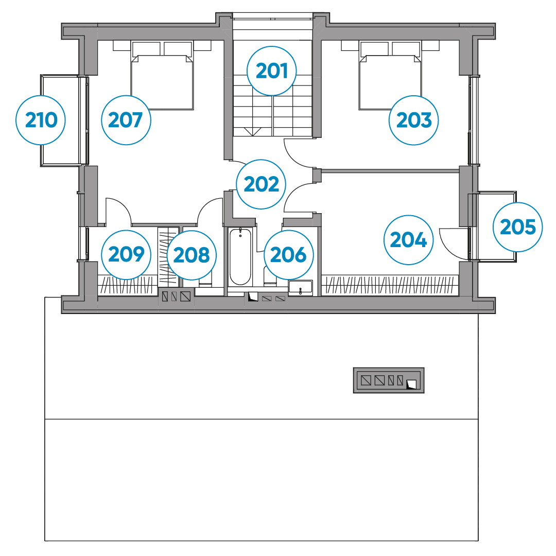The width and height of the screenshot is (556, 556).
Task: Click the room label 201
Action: pos(272,71)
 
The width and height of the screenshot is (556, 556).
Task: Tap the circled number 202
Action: pos(262,184)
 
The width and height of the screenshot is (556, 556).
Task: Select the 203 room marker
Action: pos(413,120)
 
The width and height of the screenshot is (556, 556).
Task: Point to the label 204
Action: pos(408,240)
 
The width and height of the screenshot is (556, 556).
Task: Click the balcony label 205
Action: pos(518,227)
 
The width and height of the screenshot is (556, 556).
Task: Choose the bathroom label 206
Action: pos(289,255)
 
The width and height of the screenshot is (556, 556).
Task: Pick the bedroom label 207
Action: pos(126,120)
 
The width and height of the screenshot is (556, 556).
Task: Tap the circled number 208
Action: pos(192,255)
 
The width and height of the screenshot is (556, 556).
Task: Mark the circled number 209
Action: pos(126,254)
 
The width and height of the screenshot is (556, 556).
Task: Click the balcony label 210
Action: pos(41,120)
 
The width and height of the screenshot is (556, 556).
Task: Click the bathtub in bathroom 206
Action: pos(240,257)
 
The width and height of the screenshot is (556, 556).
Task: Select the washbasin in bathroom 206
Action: pos(300,288)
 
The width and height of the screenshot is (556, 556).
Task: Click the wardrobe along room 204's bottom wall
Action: pos(390,285)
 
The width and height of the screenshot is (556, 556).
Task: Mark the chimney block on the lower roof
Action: pos(389,380)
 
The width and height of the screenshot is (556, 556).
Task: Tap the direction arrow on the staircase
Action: pos(252,131)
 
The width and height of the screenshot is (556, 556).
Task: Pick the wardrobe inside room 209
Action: pos(128,285)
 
